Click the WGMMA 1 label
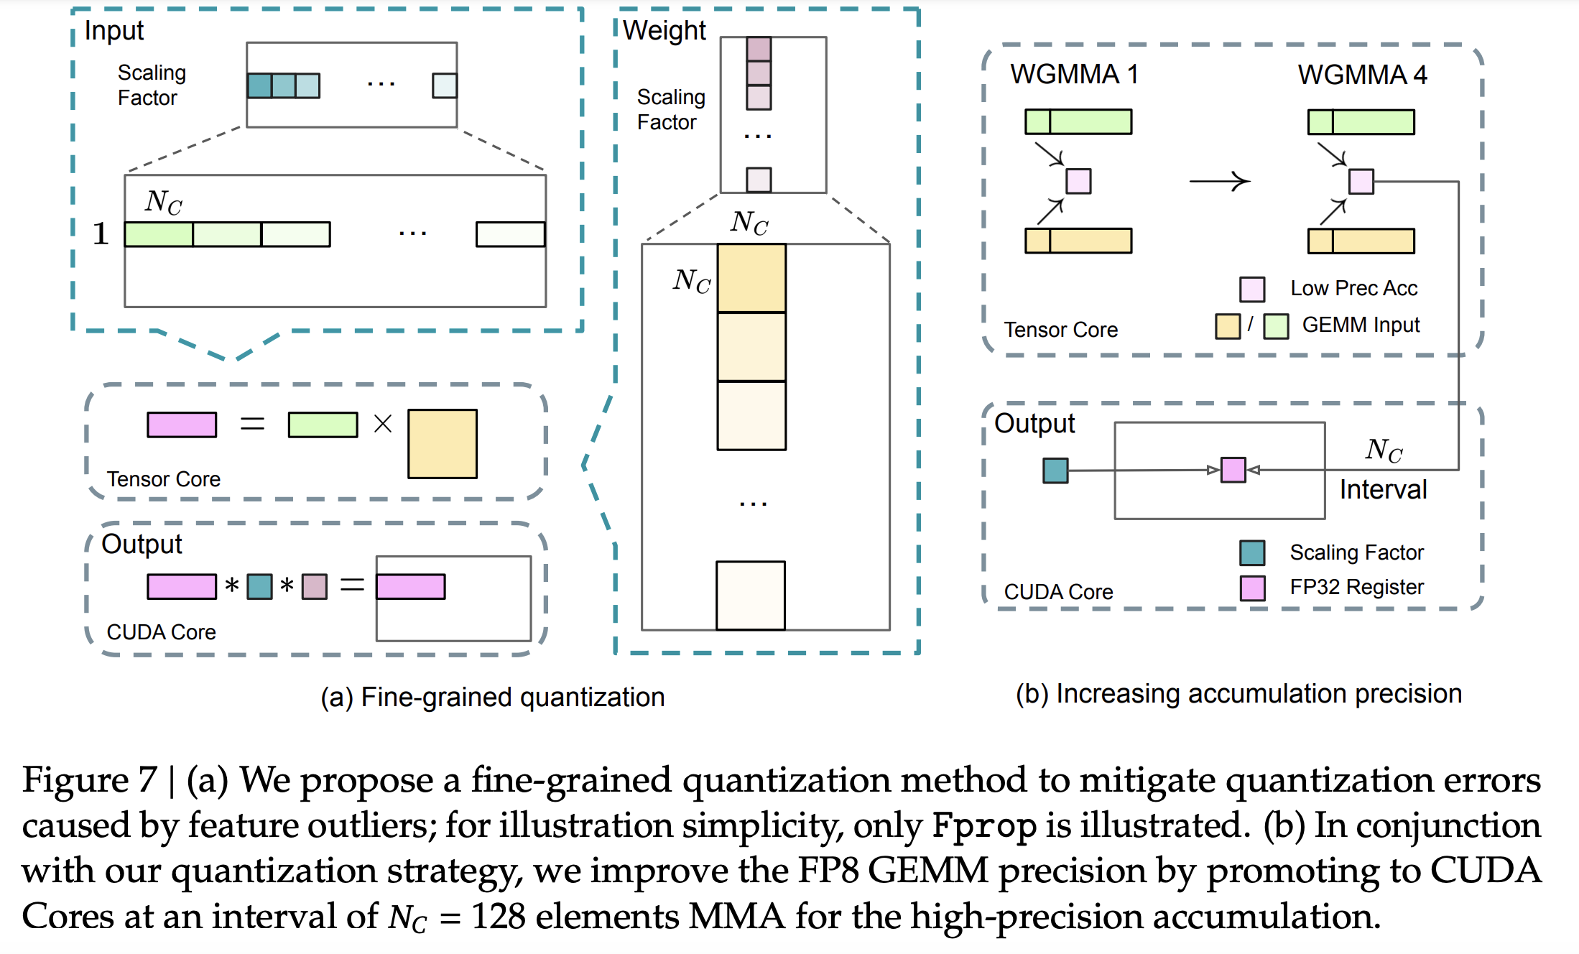(x=1074, y=75)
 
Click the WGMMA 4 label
(x=1361, y=75)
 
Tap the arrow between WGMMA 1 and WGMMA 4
(x=1220, y=181)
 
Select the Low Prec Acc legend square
(x=1252, y=289)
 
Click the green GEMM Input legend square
(x=1276, y=326)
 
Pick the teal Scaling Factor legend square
(x=1252, y=552)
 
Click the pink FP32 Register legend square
(x=1252, y=588)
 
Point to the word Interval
(x=1383, y=490)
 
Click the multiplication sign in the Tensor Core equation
(x=383, y=424)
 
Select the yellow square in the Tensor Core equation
(x=442, y=444)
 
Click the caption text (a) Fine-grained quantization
(x=493, y=697)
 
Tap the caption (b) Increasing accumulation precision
(x=1238, y=694)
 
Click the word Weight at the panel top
(x=665, y=31)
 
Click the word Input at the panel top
(x=114, y=31)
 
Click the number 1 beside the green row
(x=101, y=234)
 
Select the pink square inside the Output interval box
(x=1233, y=470)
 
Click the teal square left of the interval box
(x=1055, y=471)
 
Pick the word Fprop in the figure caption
(x=984, y=825)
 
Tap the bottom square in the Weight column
(x=751, y=596)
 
